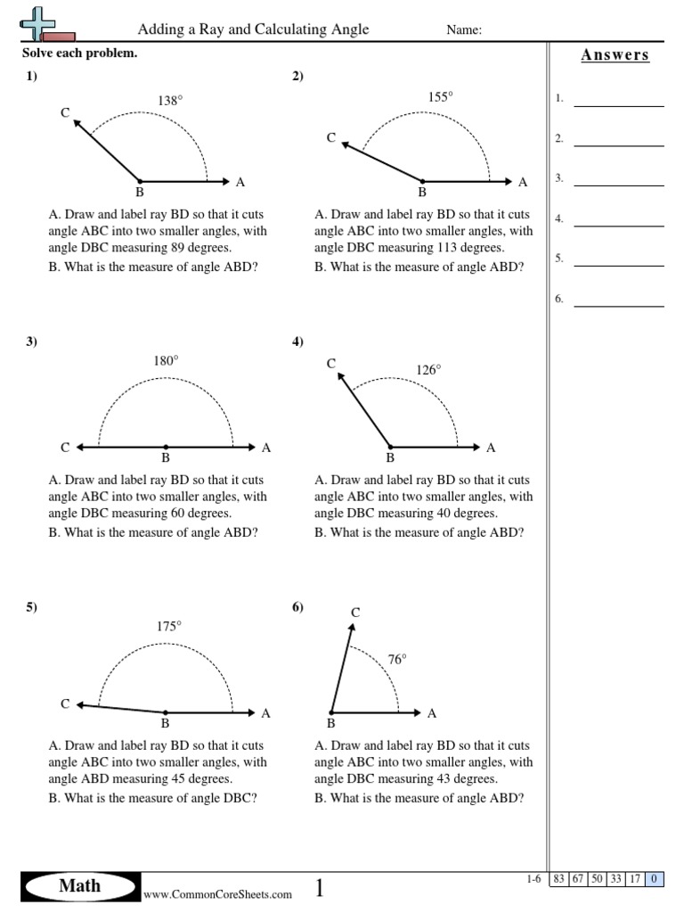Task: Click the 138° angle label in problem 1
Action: [x=170, y=102]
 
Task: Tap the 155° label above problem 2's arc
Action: [x=441, y=98]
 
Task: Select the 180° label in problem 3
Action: [x=167, y=361]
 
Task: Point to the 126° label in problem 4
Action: [x=428, y=370]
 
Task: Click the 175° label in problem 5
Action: [x=169, y=627]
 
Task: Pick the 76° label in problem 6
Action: [x=397, y=660]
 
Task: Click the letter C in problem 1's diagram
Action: [x=65, y=112]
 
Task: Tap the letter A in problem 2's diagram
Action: [x=523, y=182]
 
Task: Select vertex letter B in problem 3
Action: [x=166, y=458]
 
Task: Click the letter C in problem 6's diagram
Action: [x=355, y=612]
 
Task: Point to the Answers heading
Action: [x=615, y=55]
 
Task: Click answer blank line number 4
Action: [x=619, y=226]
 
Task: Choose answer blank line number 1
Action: [x=619, y=106]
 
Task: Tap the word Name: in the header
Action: [x=464, y=30]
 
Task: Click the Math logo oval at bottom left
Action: [x=80, y=886]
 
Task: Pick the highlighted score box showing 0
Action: [x=655, y=879]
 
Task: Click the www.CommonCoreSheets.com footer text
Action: [x=217, y=894]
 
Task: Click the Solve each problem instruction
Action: [x=80, y=53]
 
